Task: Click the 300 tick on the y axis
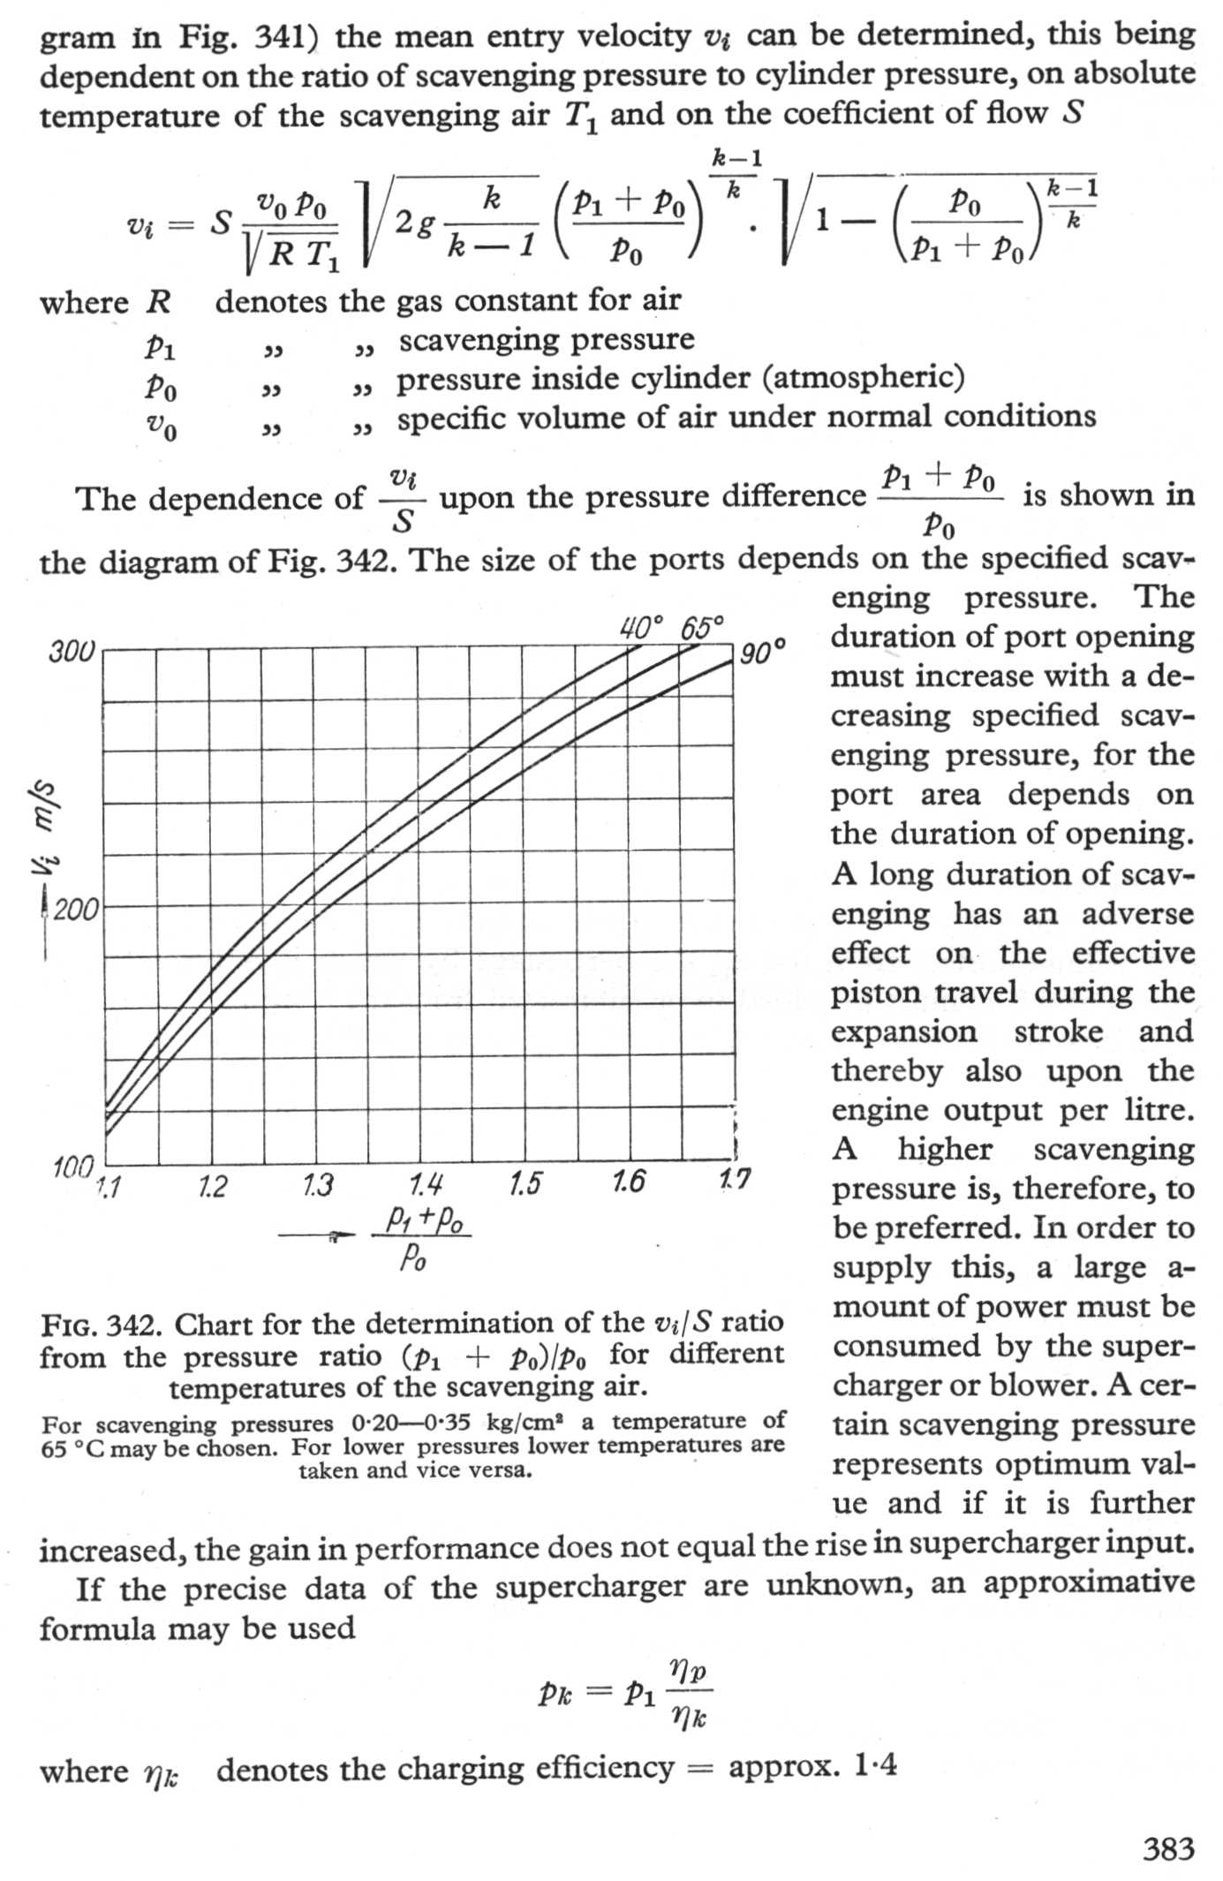pyautogui.click(x=70, y=653)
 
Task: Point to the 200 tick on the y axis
pyautogui.click(x=76, y=910)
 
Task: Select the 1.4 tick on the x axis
pyautogui.click(x=426, y=1184)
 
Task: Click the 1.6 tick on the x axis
pyautogui.click(x=628, y=1181)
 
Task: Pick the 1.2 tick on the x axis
pyautogui.click(x=212, y=1186)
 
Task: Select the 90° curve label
pyautogui.click(x=762, y=654)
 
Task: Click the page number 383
pyautogui.click(x=1168, y=1848)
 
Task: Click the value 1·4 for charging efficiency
pyautogui.click(x=875, y=1766)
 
